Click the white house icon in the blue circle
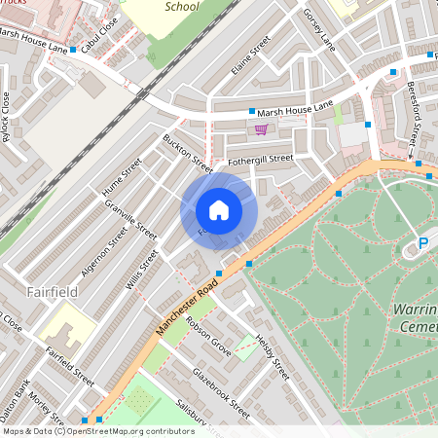219,210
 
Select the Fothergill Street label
260,158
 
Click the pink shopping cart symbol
261,129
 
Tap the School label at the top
182,6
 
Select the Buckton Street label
188,153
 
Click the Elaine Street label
250,57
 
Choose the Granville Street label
132,220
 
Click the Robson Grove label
207,336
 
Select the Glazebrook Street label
221,393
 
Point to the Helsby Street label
274,358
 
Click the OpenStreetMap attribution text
97,431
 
